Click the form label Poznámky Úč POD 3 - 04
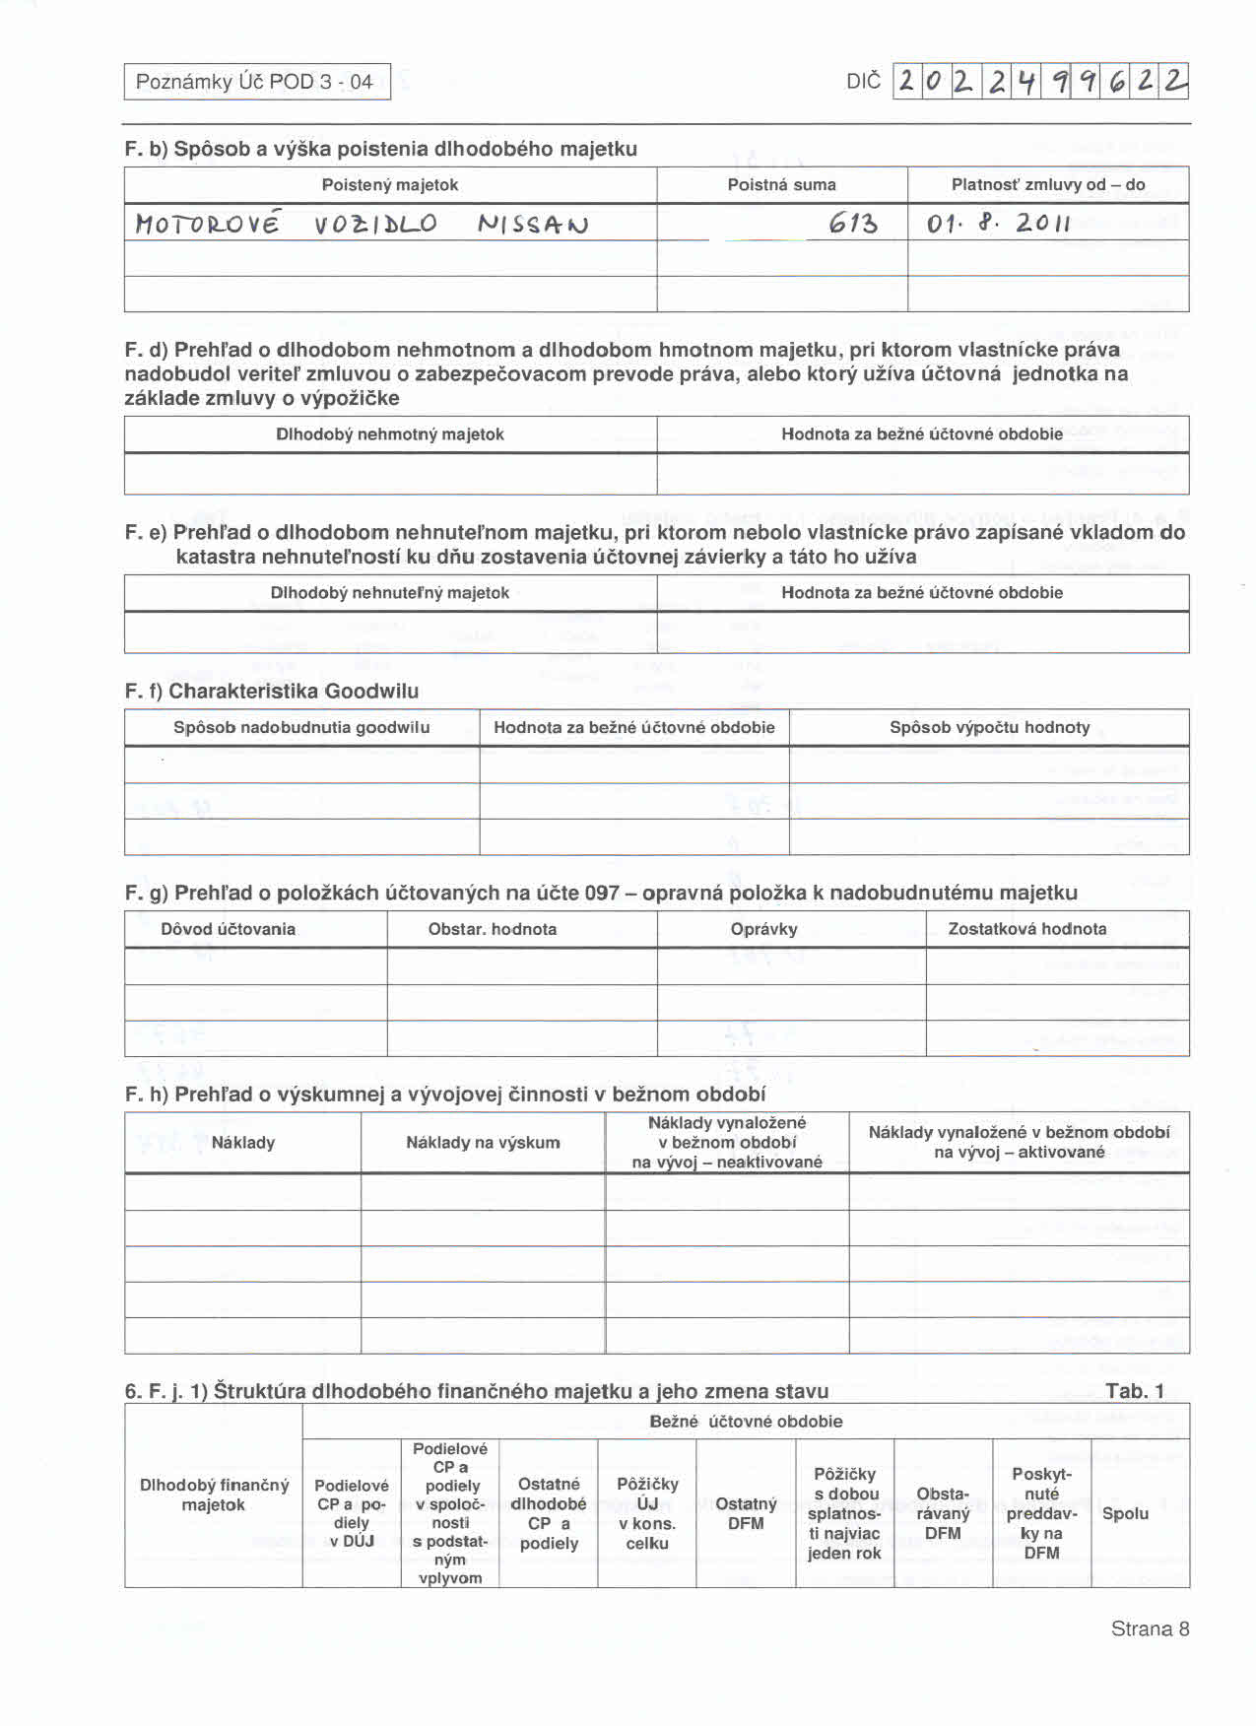pyautogui.click(x=254, y=82)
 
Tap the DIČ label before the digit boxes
pyautogui.click(x=863, y=82)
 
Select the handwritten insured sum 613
pyautogui.click(x=852, y=225)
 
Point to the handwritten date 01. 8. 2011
pyautogui.click(x=998, y=224)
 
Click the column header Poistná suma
pyautogui.click(x=781, y=185)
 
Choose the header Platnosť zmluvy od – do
pyautogui.click(x=1048, y=185)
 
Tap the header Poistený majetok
pyautogui.click(x=390, y=185)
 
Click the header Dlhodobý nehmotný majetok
pyautogui.click(x=390, y=434)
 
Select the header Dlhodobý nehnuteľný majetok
pyautogui.click(x=390, y=593)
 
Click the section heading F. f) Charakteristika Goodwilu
pyautogui.click(x=272, y=691)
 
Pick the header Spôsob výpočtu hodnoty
pyautogui.click(x=989, y=728)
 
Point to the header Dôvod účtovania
pyautogui.click(x=229, y=929)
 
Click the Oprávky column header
pyautogui.click(x=764, y=929)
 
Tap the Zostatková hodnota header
pyautogui.click(x=1027, y=929)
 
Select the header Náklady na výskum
pyautogui.click(x=483, y=1143)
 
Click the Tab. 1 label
pyautogui.click(x=1134, y=1391)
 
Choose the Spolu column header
pyautogui.click(x=1126, y=1513)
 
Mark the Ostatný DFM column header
pyautogui.click(x=746, y=1513)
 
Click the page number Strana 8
pyautogui.click(x=1150, y=1628)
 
